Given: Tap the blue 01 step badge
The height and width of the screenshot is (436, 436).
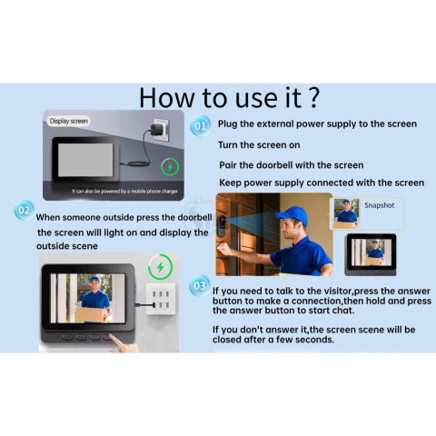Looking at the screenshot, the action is tap(200, 125).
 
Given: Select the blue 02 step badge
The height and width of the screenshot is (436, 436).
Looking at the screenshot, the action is tap(25, 210).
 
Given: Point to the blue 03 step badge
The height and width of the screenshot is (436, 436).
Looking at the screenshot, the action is tap(200, 285).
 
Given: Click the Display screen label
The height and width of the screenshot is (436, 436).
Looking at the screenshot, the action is tap(69, 121).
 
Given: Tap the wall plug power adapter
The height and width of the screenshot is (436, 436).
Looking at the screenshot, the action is tap(157, 130).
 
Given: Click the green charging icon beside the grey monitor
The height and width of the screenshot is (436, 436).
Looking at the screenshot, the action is tap(170, 166).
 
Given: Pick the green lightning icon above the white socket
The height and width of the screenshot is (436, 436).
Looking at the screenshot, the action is tap(160, 267).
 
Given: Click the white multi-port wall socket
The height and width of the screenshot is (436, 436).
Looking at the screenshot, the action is tap(161, 299).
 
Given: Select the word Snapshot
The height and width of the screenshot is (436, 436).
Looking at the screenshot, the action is tap(380, 205).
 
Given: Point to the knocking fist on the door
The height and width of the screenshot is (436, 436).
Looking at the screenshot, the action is tap(224, 250).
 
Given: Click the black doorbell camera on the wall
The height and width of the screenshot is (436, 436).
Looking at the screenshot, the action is tap(223, 226).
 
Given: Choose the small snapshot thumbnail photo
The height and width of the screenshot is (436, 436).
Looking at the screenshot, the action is tap(346, 213).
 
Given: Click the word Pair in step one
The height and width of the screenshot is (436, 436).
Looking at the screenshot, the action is tap(228, 165).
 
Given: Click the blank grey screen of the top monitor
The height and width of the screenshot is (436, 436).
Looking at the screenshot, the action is tap(85, 160).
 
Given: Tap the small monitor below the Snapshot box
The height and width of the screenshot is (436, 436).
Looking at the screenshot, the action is tap(371, 254).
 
